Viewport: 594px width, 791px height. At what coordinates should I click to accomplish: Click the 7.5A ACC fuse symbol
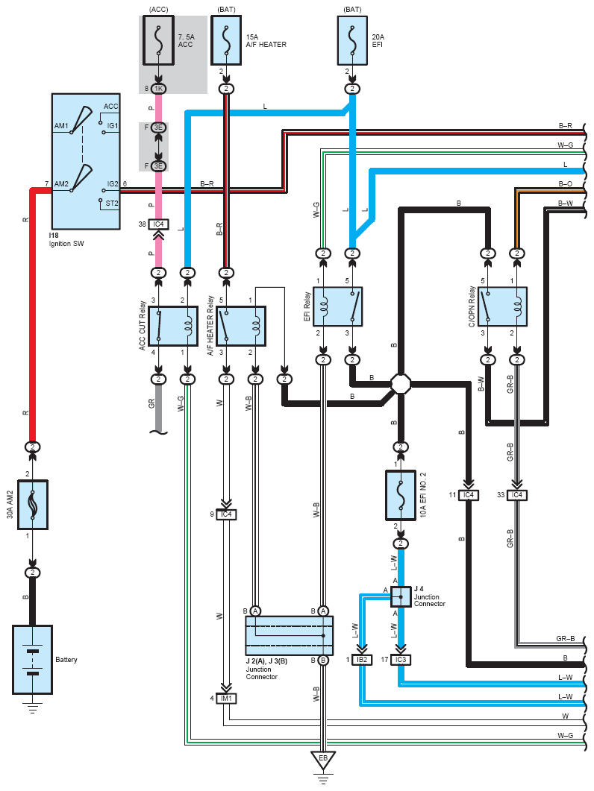(x=159, y=40)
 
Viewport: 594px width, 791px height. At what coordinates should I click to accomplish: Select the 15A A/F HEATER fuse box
(x=226, y=40)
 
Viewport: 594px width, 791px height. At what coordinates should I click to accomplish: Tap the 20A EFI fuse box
(x=352, y=40)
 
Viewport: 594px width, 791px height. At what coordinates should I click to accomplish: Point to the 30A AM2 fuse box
(x=33, y=505)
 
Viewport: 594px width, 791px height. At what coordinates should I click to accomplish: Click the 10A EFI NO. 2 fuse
(x=401, y=495)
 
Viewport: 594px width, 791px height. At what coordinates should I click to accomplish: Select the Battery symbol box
(x=32, y=659)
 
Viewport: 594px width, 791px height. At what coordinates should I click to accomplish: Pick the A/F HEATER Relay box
(x=242, y=326)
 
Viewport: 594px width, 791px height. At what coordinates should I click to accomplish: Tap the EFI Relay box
(x=338, y=306)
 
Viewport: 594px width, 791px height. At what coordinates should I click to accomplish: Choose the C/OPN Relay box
(x=502, y=306)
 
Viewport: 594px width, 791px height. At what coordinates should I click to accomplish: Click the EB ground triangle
(x=323, y=760)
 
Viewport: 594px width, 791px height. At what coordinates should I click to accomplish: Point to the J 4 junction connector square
(x=401, y=596)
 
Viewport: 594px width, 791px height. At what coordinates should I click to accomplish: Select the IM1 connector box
(x=226, y=699)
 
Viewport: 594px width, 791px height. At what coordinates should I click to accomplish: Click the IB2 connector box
(x=362, y=660)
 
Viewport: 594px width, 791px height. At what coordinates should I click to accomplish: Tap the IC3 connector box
(x=401, y=660)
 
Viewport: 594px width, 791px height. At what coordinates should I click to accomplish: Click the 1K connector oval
(x=159, y=89)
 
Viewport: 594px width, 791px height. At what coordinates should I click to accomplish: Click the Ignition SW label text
(x=66, y=244)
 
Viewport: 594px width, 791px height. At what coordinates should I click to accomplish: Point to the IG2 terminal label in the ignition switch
(x=112, y=184)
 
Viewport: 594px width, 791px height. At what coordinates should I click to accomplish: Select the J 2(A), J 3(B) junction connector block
(x=290, y=636)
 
